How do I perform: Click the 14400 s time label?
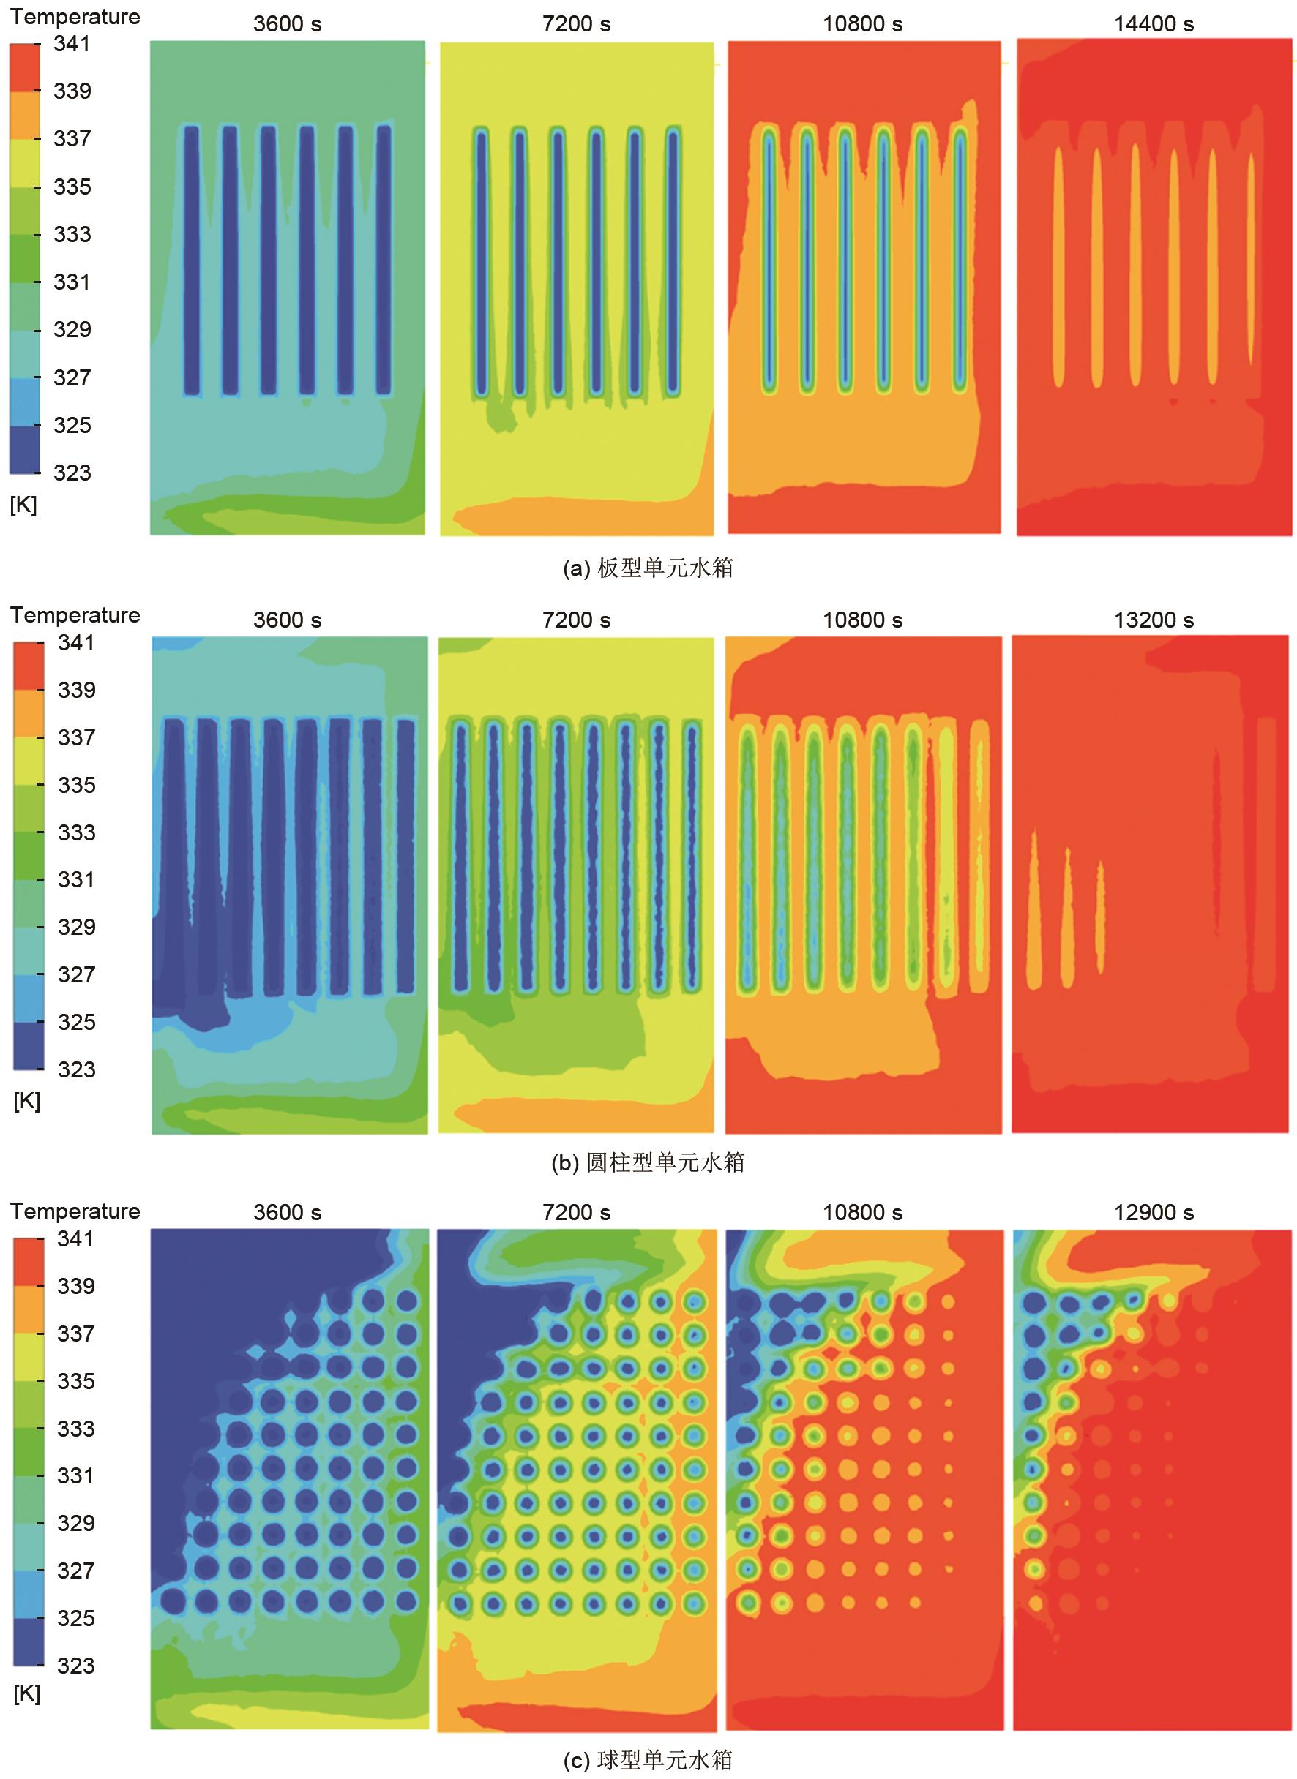(x=1154, y=24)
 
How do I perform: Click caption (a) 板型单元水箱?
(x=648, y=568)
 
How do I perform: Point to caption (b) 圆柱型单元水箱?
(x=648, y=1162)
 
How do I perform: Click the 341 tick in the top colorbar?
(x=72, y=44)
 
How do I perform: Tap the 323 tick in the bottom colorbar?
(x=75, y=1666)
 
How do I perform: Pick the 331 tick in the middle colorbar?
(x=76, y=880)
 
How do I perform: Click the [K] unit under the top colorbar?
(x=23, y=505)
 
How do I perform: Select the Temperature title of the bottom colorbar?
(x=75, y=1211)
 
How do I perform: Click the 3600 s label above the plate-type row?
(x=288, y=24)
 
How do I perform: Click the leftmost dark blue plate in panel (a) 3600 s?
(x=191, y=259)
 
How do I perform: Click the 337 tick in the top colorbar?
(x=72, y=139)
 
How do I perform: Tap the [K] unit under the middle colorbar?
(x=26, y=1102)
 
